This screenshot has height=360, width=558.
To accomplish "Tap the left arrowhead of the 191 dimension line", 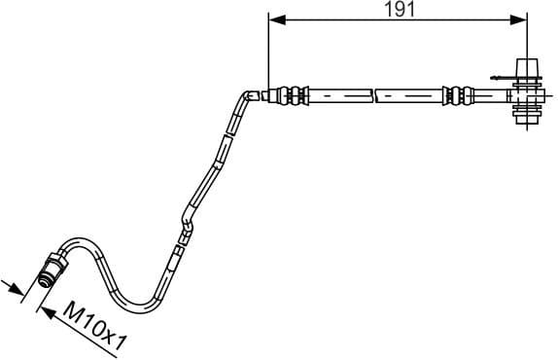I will pos(274,18).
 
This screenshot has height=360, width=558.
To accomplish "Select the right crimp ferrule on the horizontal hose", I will pos(453,95).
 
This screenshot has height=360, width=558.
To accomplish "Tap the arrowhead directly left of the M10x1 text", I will pos(44,309).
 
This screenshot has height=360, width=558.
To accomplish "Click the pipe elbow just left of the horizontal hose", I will pos(246,96).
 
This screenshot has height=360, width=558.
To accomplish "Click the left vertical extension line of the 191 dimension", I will pos(267,49).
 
